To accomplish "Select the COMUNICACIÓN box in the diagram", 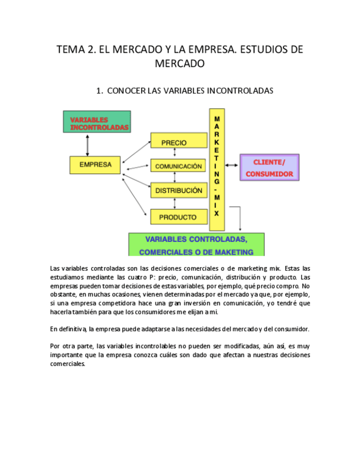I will pyautogui.click(x=178, y=166).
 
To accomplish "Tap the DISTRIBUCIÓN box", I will pyautogui.click(x=178, y=190).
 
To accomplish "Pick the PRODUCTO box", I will pyautogui.click(x=177, y=217).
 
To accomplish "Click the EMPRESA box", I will pyautogui.click(x=95, y=164).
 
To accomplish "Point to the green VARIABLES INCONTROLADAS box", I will pyautogui.click(x=97, y=122).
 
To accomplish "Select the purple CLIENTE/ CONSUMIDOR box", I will pyautogui.click(x=269, y=168).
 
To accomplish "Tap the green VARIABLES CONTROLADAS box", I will pyautogui.click(x=196, y=245).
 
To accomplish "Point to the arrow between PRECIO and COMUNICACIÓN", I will pyautogui.click(x=175, y=154).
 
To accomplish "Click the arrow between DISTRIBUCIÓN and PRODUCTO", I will pyautogui.click(x=175, y=203).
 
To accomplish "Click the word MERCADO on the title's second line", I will pyautogui.click(x=180, y=64).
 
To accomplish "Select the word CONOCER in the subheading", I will pyautogui.click(x=126, y=91).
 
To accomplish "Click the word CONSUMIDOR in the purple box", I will pyautogui.click(x=269, y=174).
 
